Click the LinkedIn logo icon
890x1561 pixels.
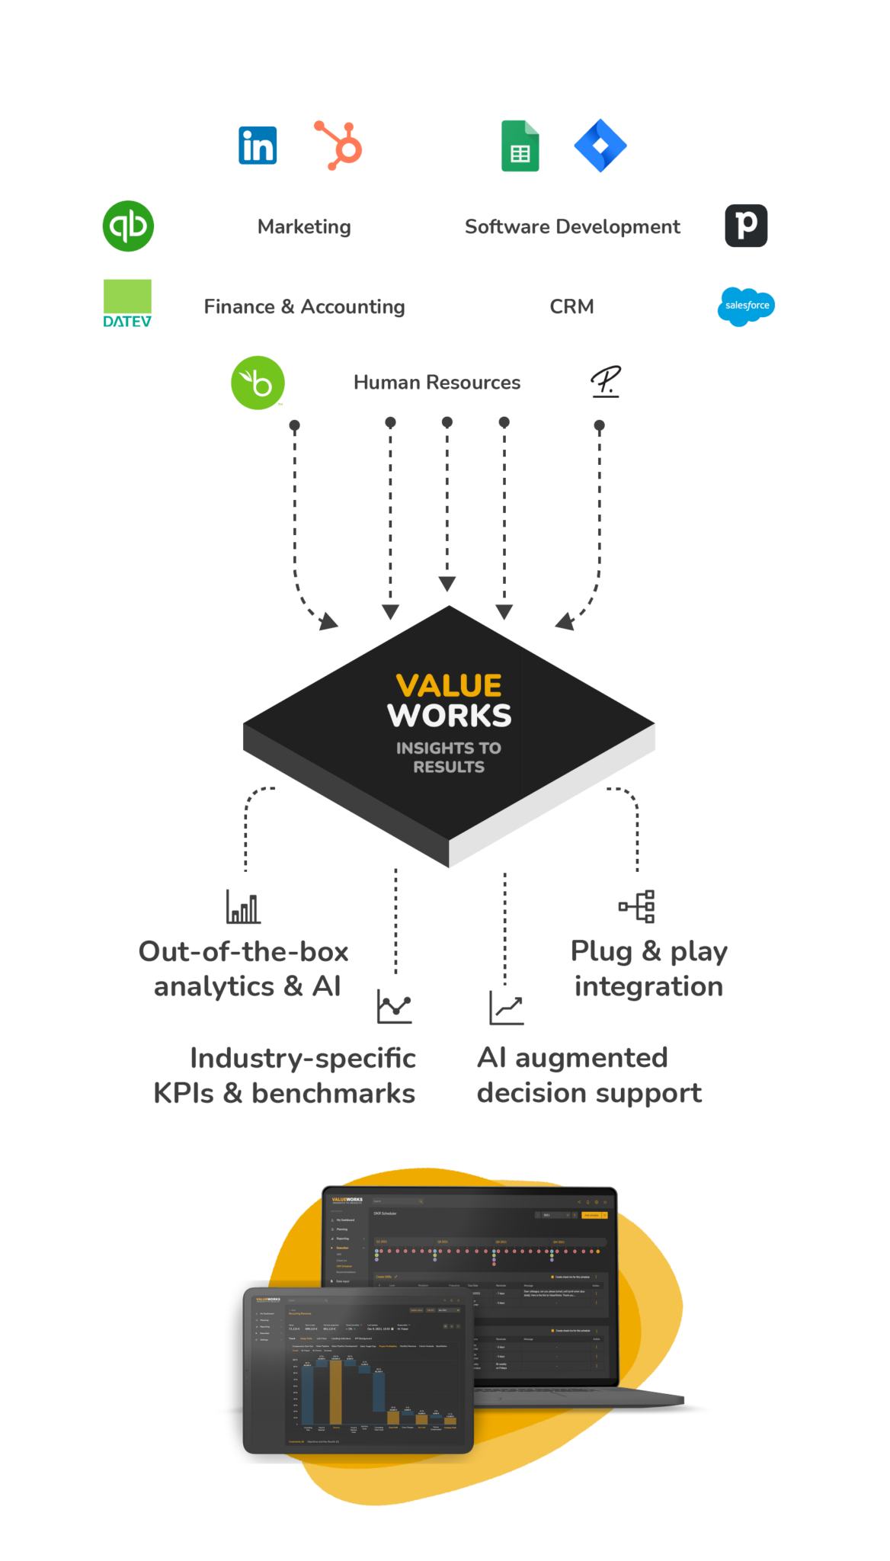coord(258,146)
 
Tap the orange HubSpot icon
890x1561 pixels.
coord(338,146)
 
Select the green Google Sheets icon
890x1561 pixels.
coord(520,146)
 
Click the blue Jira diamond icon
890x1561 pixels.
coord(600,146)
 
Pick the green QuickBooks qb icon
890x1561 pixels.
coord(129,226)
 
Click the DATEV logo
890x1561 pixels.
coord(127,303)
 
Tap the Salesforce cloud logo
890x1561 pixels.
coord(746,306)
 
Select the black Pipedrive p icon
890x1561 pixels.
coord(746,226)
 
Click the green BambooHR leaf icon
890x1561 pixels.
coord(258,383)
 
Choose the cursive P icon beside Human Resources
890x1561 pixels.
coord(607,382)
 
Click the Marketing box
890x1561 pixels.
coord(304,226)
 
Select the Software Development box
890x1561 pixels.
coord(572,226)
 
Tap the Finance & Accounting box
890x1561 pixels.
coord(304,306)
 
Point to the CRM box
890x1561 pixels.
coord(571,306)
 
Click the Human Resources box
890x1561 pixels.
coord(437,382)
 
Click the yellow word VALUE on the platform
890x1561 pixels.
coord(449,685)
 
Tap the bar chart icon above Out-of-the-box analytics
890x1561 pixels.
coord(243,906)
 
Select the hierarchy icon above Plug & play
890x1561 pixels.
coord(637,906)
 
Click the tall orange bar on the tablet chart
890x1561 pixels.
coord(335,1392)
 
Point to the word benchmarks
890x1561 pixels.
coord(333,1093)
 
